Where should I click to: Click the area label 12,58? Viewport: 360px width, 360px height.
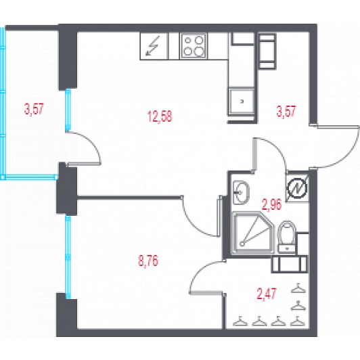160,116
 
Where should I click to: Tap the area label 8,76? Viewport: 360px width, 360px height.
148,261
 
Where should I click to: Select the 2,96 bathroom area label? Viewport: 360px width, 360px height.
271,204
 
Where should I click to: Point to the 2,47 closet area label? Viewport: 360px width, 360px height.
267,294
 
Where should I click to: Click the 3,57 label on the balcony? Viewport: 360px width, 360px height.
34,109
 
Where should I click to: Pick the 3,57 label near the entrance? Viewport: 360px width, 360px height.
286,112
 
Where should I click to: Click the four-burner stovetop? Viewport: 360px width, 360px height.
194,46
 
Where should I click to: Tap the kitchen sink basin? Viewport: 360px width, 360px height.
242,102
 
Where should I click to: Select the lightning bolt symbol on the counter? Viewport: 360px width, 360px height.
152,46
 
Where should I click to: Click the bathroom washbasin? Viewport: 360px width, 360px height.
241,192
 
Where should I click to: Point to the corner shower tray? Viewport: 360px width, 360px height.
252,233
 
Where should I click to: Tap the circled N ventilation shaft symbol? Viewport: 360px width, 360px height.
298,189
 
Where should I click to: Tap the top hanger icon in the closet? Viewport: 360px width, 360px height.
298,288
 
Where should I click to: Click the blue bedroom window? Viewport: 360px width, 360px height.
68,257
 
